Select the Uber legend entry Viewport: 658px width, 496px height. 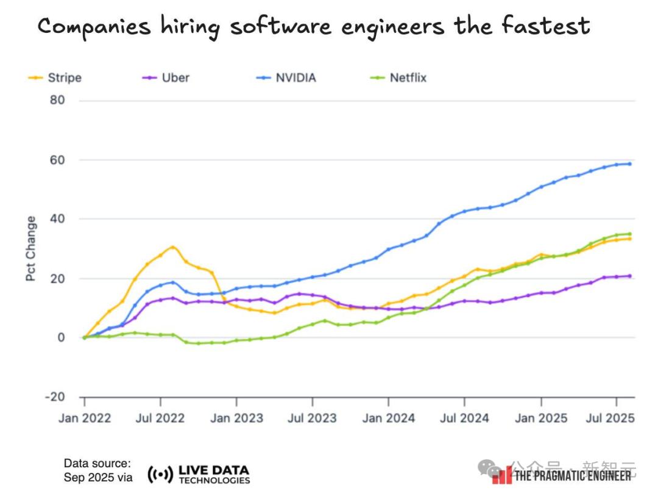click(166, 78)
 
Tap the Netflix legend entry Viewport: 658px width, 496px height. click(399, 78)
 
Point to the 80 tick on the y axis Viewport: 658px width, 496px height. click(57, 100)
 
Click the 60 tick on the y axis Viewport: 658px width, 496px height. click(57, 160)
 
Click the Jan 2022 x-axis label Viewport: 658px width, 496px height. click(84, 418)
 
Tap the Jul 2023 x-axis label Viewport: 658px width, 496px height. click(312, 418)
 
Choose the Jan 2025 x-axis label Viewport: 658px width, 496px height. click(540, 418)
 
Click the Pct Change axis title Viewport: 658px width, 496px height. click(31, 248)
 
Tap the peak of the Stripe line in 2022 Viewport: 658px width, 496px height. click(172, 247)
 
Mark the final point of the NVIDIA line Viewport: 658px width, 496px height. click(629, 164)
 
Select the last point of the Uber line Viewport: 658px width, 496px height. click(629, 276)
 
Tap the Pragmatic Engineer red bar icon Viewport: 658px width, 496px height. click(502, 475)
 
